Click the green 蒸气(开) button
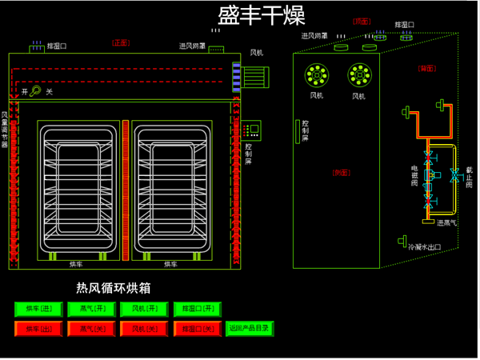[90, 309]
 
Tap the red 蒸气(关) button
[90, 328]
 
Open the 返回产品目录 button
[250, 328]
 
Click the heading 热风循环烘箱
[113, 287]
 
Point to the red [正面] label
[121, 42]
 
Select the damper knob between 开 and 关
[36, 91]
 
